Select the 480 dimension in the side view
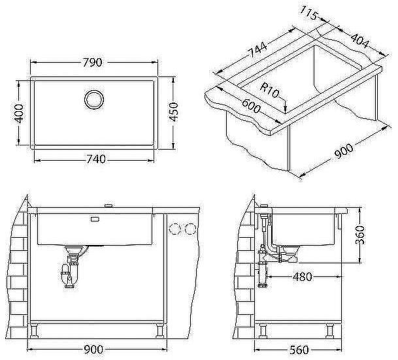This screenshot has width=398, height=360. [302, 276]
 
